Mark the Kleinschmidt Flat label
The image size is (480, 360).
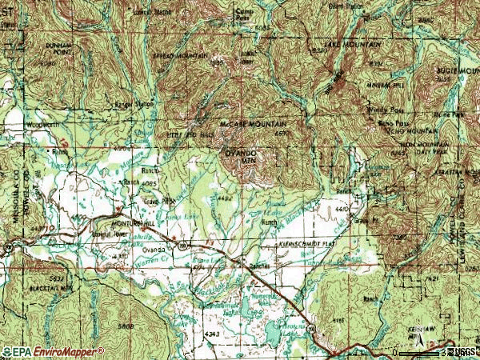[308, 241]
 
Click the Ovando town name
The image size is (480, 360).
[152, 250]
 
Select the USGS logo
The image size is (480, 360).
[462, 351]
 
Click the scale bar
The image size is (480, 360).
[420, 351]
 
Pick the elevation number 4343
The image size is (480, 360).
[211, 333]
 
